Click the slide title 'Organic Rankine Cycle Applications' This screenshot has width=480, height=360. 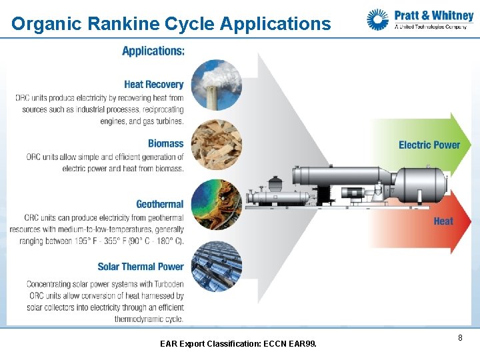tap(171, 24)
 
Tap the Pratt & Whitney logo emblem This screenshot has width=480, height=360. tap(377, 19)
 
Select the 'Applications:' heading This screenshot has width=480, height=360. tap(153, 51)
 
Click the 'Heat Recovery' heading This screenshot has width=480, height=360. tap(153, 85)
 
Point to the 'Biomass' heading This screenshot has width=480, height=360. tap(165, 143)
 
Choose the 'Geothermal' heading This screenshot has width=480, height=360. tap(159, 204)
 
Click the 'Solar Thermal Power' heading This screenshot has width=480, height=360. tap(140, 267)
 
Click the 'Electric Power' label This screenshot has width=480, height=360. tap(429, 145)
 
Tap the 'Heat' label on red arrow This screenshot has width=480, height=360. tap(443, 221)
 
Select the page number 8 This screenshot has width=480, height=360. tap(460, 339)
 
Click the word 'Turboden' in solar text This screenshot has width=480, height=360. tap(165, 283)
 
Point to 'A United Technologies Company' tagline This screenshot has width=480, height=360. tap(431, 27)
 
